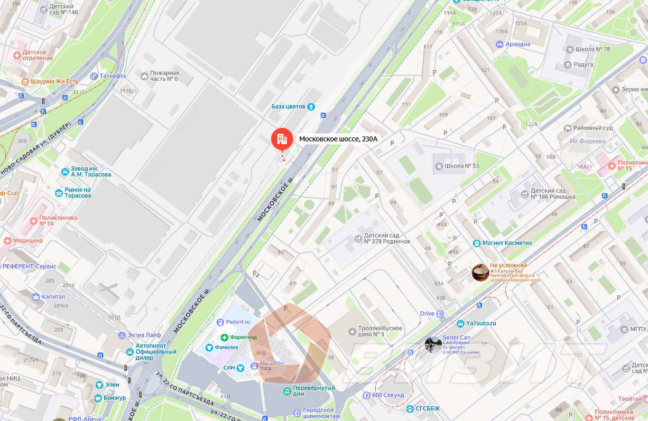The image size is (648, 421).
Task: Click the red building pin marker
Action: [282, 139]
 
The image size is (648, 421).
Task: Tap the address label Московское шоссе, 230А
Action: [338, 139]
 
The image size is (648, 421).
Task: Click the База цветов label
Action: [289, 107]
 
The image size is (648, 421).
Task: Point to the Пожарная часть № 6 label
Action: [164, 76]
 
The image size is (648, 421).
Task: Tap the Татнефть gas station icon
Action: [94, 76]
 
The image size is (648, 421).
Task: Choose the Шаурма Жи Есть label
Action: [54, 81]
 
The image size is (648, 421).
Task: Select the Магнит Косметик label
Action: [507, 243]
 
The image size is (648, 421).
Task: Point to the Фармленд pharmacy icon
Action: [225, 337]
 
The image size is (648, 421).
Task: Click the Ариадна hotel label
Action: [517, 44]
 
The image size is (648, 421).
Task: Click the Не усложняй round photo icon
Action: [480, 273]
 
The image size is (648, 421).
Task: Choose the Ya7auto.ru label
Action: [481, 323]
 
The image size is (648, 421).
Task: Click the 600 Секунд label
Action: [388, 395]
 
